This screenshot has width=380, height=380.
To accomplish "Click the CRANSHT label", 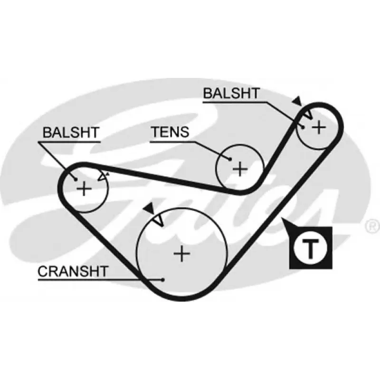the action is [x=73, y=271].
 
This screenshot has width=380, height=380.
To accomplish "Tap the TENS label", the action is [x=170, y=132].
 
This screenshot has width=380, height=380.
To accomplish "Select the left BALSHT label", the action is [x=71, y=133].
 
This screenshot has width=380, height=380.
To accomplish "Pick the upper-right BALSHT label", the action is [x=231, y=93].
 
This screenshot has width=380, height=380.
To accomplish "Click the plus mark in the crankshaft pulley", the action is [x=182, y=254].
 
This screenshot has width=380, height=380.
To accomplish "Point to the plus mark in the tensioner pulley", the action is [x=240, y=169].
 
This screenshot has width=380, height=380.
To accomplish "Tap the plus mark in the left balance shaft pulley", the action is [x=84, y=188].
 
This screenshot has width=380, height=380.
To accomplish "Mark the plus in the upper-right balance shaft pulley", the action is [x=319, y=127].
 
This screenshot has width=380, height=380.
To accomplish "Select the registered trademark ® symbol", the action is [x=372, y=227].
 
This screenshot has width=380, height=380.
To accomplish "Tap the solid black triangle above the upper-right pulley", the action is [x=297, y=101].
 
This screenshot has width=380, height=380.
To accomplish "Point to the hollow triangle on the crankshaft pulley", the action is [x=159, y=221].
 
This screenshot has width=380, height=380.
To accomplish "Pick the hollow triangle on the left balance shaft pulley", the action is [x=103, y=176].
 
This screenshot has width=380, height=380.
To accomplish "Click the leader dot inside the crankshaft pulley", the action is [x=163, y=280].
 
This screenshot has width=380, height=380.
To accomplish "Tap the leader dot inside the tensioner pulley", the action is [x=230, y=159].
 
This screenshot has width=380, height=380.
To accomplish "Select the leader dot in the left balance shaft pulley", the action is [x=76, y=180].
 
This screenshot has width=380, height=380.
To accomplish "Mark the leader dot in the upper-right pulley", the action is [x=303, y=127].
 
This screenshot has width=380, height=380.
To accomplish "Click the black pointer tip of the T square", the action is [x=282, y=218].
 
